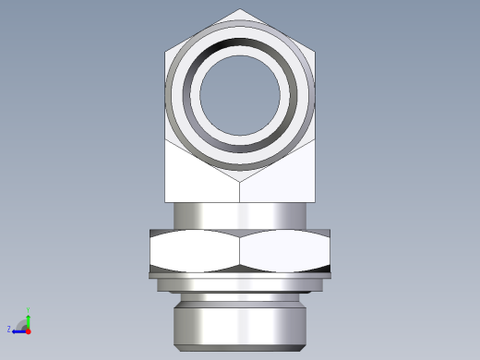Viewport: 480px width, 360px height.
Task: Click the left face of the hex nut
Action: pyautogui.click(x=194, y=250)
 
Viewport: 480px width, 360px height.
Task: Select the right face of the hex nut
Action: pyautogui.click(x=285, y=250)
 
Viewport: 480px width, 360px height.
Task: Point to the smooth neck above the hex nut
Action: pyautogui.click(x=240, y=214)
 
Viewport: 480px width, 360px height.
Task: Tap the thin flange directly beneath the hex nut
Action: pyautogui.click(x=240, y=275)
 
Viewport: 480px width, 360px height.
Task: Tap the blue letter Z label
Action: pyautogui.click(x=9, y=330)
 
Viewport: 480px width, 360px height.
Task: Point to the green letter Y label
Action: pyautogui.click(x=29, y=311)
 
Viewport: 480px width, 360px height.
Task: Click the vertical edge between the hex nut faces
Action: pyautogui.click(x=240, y=250)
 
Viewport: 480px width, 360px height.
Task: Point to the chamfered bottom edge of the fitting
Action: pyautogui.click(x=240, y=348)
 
